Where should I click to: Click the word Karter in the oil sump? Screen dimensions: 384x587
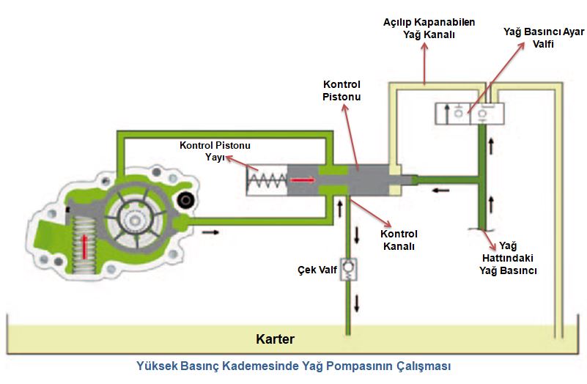(275, 339)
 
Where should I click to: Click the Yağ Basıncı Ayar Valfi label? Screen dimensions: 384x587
(544, 38)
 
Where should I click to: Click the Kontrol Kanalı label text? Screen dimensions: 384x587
(399, 240)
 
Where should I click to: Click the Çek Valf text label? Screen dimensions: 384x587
(317, 270)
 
